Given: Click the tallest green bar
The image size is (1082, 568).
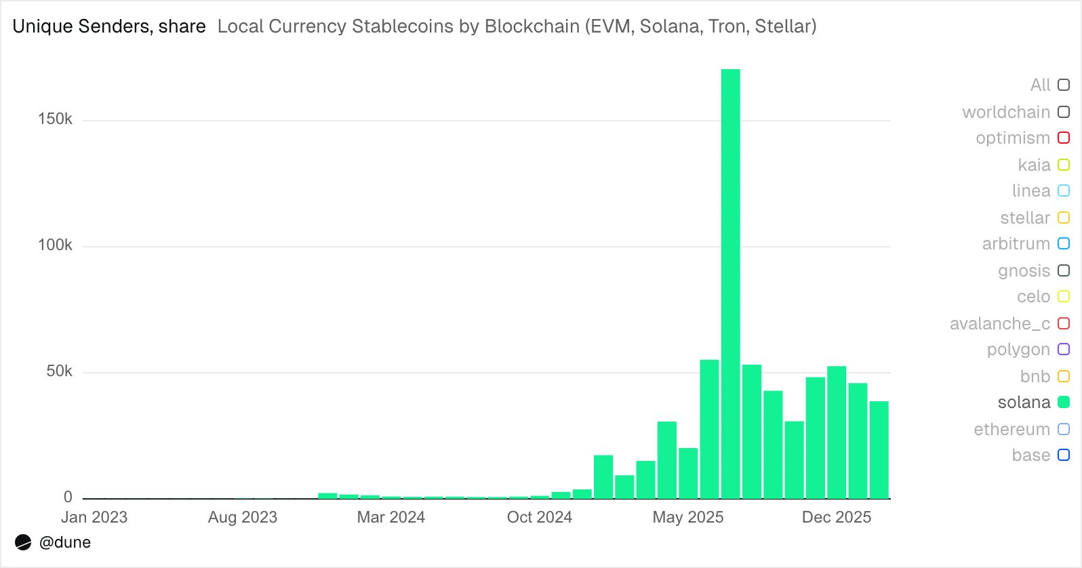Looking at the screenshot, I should click(730, 285).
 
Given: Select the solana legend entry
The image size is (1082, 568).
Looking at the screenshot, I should click(1024, 403).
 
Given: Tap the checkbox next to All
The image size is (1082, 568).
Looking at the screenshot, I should click(1064, 85).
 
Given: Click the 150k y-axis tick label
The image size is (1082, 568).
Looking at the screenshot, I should click(55, 119).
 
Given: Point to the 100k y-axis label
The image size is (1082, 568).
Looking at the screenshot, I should click(55, 245).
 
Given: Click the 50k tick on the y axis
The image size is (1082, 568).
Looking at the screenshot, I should click(59, 371).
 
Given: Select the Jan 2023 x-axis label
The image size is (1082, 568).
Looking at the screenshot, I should click(94, 517).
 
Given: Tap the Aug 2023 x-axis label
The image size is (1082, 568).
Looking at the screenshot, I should click(243, 517).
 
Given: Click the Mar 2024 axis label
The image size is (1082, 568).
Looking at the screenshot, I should click(390, 517).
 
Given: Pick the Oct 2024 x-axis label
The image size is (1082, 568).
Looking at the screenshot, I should click(539, 517).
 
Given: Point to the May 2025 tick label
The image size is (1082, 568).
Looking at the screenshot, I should click(687, 517).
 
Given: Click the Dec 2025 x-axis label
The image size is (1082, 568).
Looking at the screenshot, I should click(836, 517).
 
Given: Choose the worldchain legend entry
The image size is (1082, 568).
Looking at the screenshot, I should click(1006, 112).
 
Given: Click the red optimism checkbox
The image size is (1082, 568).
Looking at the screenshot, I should click(1064, 138).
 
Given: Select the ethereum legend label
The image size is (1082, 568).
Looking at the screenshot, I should click(1011, 429).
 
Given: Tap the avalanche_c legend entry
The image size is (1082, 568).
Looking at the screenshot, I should click(1000, 323).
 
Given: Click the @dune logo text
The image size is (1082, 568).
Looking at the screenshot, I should click(65, 542).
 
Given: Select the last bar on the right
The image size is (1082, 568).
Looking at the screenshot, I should click(879, 450).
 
